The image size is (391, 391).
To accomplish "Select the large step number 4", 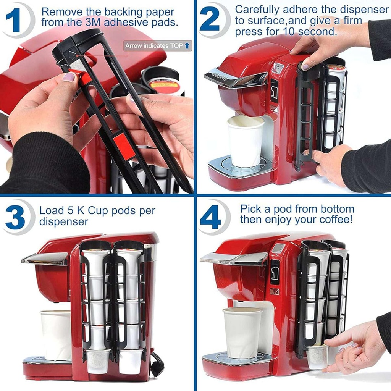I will (x=210, y=217).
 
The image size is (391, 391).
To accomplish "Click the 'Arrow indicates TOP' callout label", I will (x=157, y=46).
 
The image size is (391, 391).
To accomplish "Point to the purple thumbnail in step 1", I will (x=69, y=77).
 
